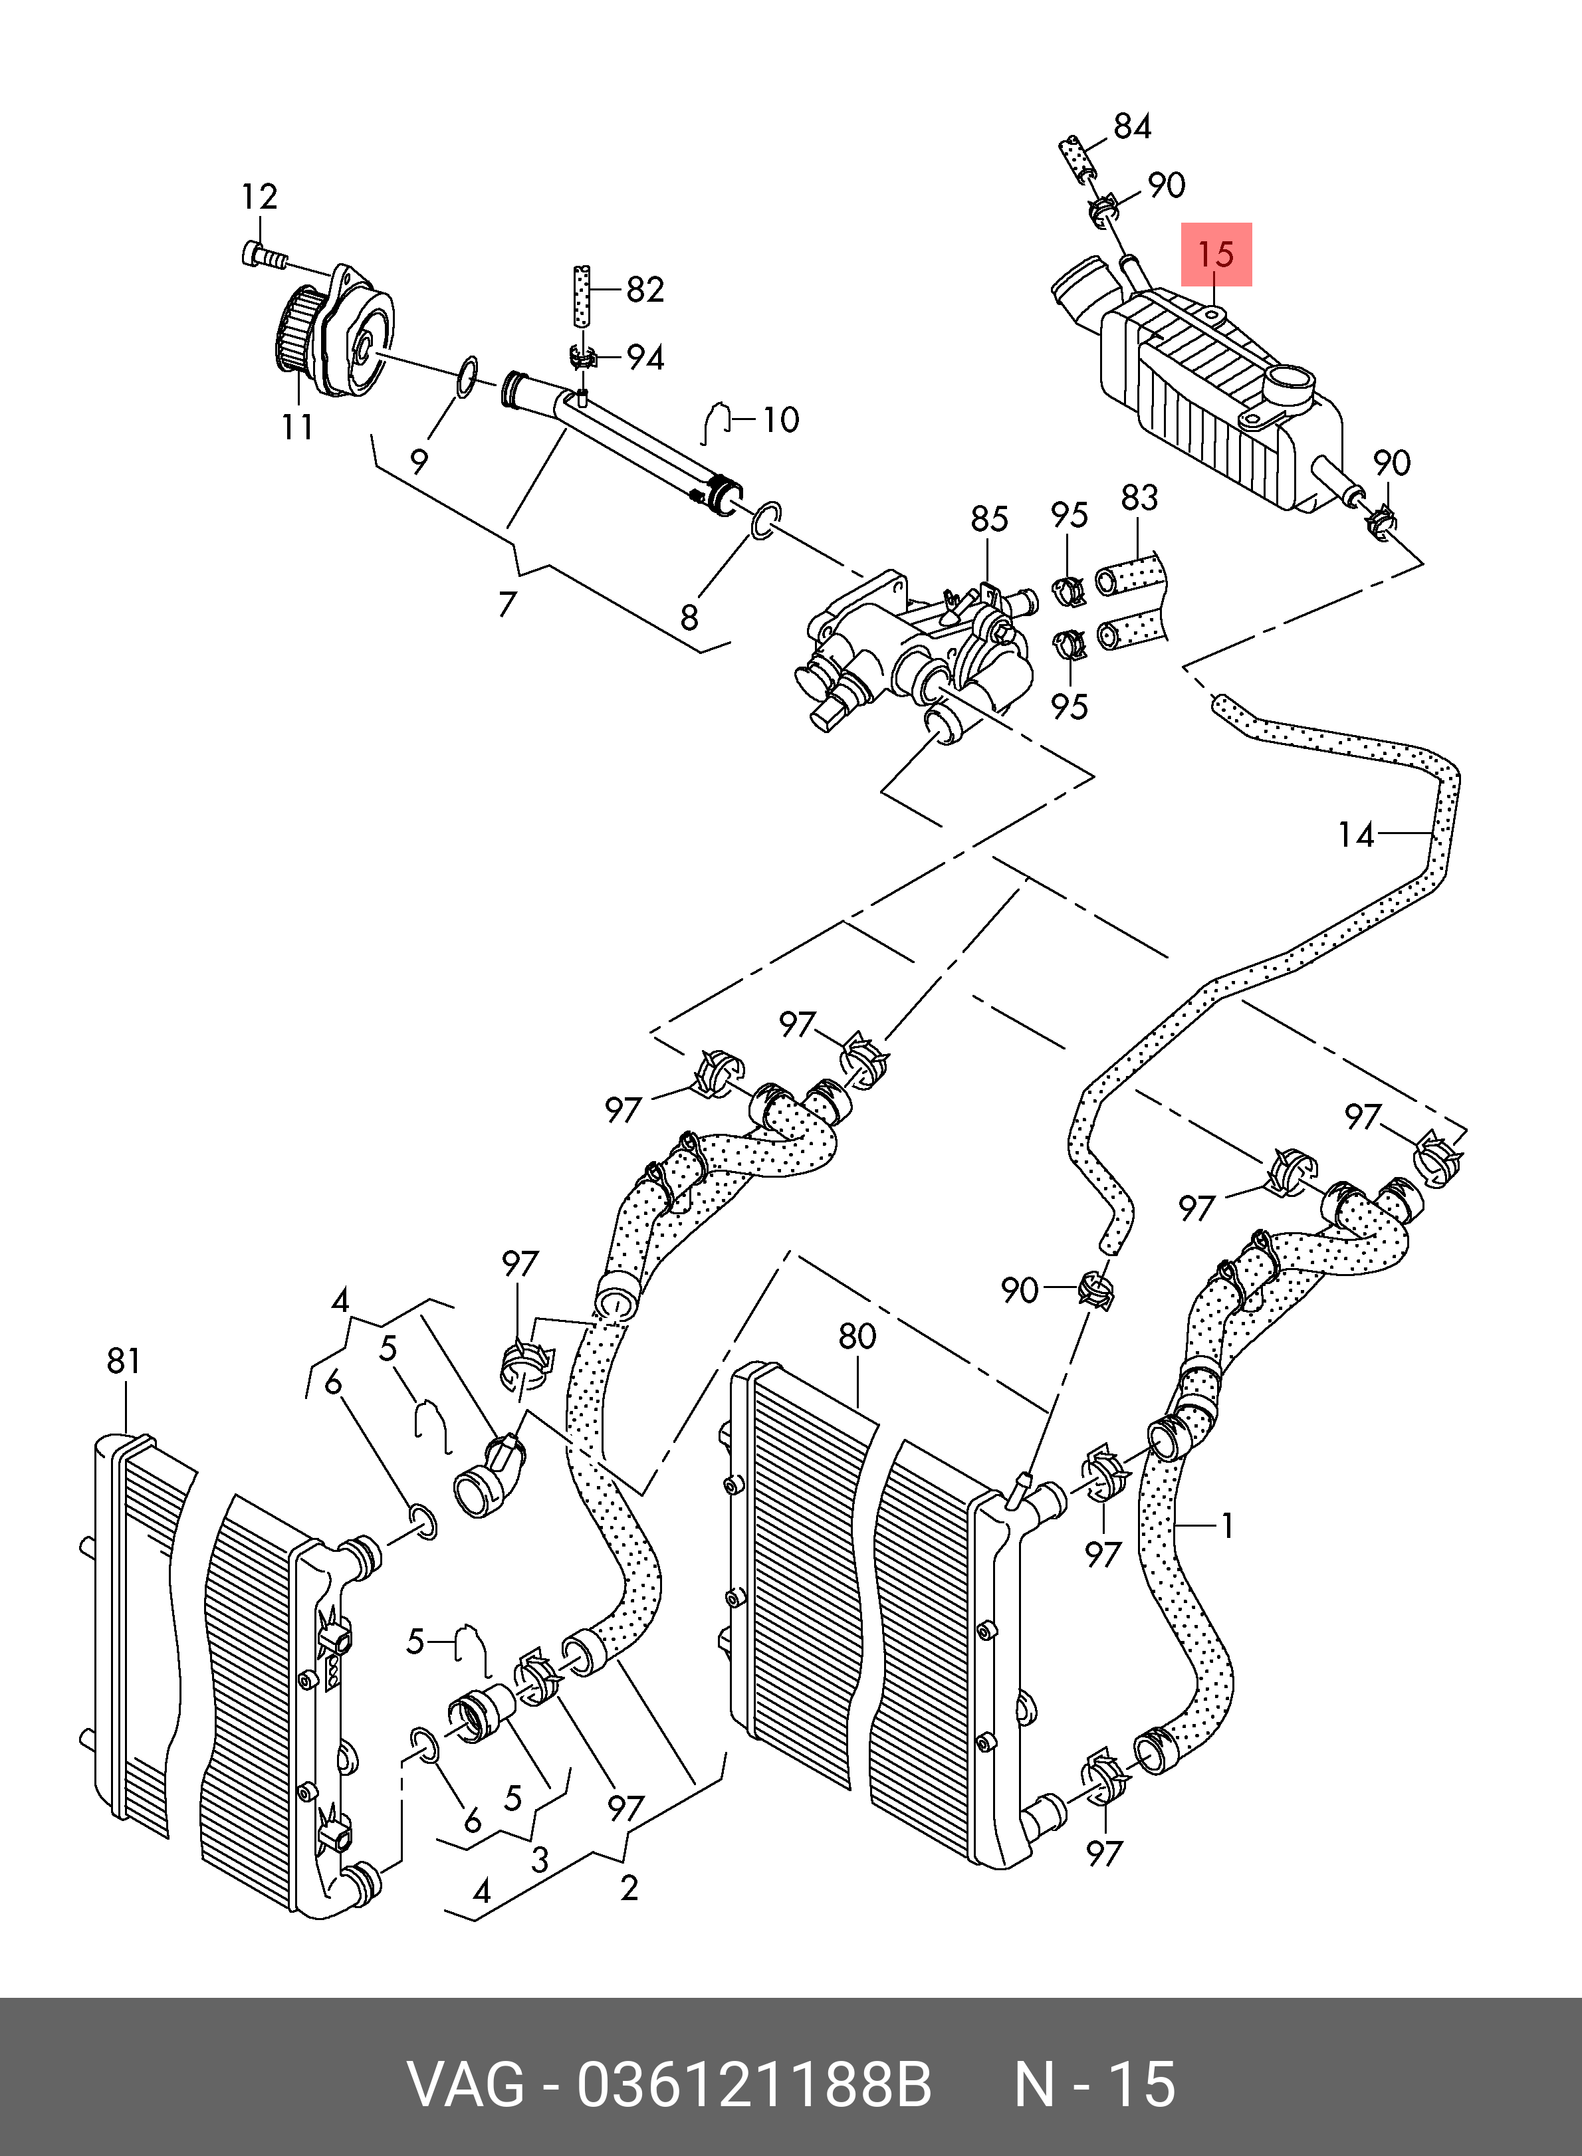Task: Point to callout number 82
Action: pos(645,289)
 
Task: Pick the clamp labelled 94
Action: pos(581,359)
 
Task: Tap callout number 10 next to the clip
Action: pos(780,419)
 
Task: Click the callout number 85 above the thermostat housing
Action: pos(989,519)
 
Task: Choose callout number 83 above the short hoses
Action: pos(1139,498)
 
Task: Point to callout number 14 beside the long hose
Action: pos(1356,836)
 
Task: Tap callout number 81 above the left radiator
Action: pos(124,1360)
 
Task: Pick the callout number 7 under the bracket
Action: pos(508,604)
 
